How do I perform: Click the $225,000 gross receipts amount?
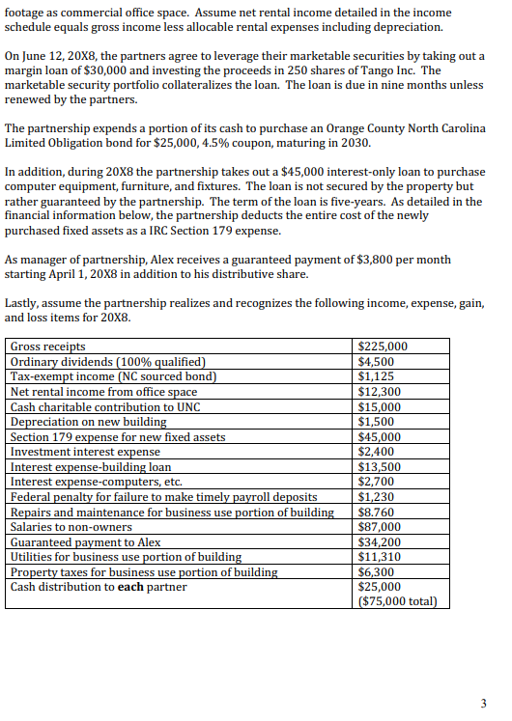click(x=383, y=347)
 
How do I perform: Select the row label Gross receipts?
click(x=47, y=347)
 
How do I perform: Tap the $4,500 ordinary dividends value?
click(x=375, y=362)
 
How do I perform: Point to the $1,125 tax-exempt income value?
click(x=375, y=376)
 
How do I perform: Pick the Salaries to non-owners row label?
click(x=71, y=527)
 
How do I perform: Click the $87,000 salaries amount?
click(x=379, y=527)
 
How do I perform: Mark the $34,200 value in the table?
click(x=379, y=542)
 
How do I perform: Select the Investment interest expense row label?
click(x=85, y=452)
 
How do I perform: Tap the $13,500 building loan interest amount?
click(x=379, y=467)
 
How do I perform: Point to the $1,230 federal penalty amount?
click(x=375, y=497)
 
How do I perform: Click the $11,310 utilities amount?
click(x=379, y=557)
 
